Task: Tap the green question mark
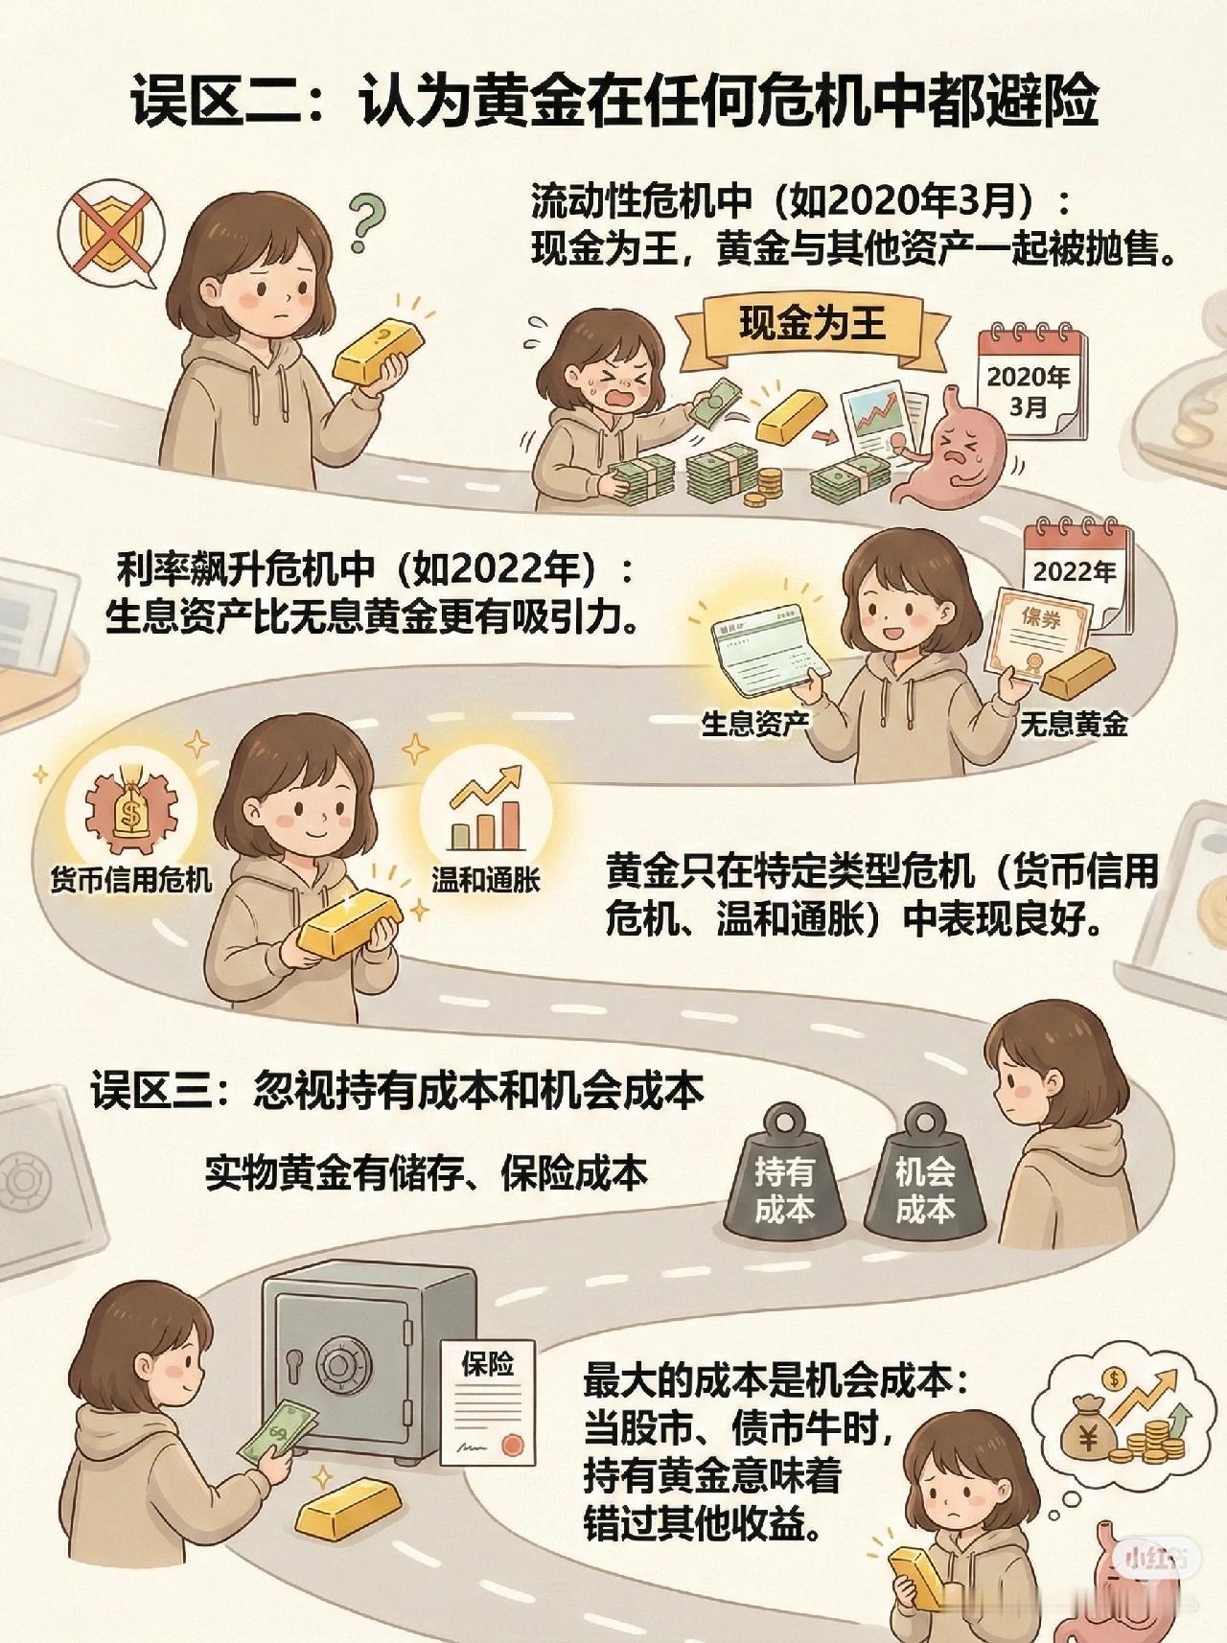click(367, 220)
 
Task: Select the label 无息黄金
click(1074, 724)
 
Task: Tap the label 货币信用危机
click(131, 879)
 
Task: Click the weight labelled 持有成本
click(784, 1171)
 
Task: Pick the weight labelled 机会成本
click(924, 1171)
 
